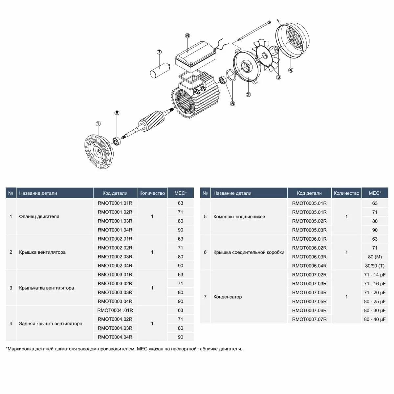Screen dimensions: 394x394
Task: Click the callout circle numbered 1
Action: tap(98, 124)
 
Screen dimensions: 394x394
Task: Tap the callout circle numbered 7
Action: tap(159, 52)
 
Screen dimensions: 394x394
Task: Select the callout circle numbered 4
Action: tap(290, 70)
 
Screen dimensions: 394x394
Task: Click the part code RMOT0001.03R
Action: tap(115, 221)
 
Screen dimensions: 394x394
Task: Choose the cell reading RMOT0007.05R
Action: tap(309, 301)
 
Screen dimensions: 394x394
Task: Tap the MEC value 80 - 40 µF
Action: tap(375, 319)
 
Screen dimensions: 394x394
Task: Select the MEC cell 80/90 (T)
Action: tap(375, 266)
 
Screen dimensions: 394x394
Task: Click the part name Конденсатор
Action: tap(228, 297)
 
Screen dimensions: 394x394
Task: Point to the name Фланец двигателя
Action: tap(39, 216)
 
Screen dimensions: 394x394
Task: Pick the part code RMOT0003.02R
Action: tap(115, 283)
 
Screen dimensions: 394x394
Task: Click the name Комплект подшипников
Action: tap(239, 217)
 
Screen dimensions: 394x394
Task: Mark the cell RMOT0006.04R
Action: tap(309, 266)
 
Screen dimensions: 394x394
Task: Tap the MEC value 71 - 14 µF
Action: tap(375, 274)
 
